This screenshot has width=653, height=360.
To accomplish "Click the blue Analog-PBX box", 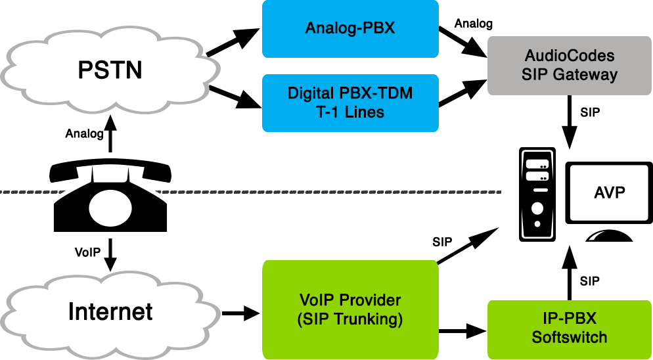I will coord(350,28).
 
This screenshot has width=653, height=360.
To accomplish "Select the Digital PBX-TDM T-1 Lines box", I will coord(350,102).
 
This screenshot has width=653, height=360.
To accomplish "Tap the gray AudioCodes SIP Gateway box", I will coord(569,64).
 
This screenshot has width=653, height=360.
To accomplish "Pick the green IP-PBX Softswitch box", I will coord(569,328).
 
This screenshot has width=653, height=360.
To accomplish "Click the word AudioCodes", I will coord(570,55).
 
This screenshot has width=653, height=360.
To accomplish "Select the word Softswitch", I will coord(570,338).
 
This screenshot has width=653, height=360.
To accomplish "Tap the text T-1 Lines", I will coord(349,112).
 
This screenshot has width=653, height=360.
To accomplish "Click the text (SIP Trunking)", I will coord(349,320).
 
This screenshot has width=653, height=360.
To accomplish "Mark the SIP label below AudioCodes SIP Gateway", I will coord(589,112).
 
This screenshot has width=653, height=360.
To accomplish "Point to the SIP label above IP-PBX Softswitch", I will coord(589,281).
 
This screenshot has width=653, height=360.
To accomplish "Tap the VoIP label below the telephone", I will coord(87,252).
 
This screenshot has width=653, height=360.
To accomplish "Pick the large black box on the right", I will coord(585,194).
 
